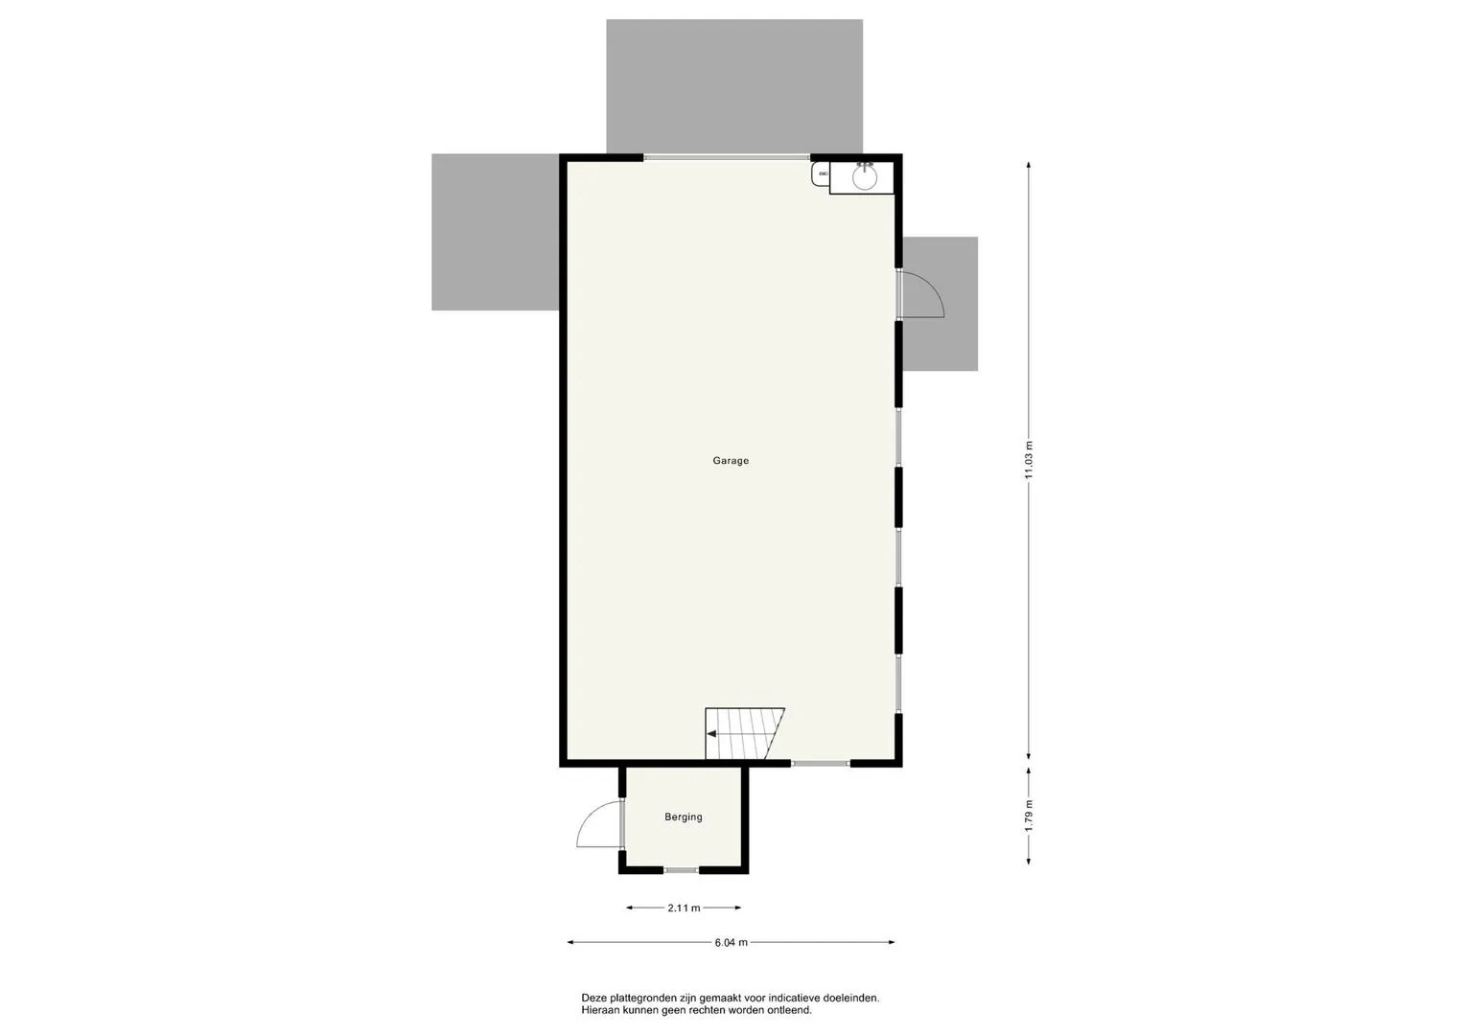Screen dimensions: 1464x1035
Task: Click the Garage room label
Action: pyautogui.click(x=731, y=461)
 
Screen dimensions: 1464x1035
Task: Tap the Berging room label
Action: pyautogui.click(x=684, y=816)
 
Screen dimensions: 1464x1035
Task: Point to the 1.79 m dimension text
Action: pyautogui.click(x=1029, y=816)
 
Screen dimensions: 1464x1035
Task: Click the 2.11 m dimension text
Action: pyautogui.click(x=684, y=908)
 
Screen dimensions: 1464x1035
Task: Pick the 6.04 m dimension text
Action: pyautogui.click(x=731, y=942)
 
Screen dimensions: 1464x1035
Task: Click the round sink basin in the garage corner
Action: pyautogui.click(x=865, y=177)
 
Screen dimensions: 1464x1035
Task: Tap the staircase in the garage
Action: pyautogui.click(x=744, y=733)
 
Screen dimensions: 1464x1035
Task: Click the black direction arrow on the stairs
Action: pyautogui.click(x=711, y=734)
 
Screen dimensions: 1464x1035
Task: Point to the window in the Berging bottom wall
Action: pyautogui.click(x=681, y=870)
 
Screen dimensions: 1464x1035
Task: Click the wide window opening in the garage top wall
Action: pyautogui.click(x=726, y=157)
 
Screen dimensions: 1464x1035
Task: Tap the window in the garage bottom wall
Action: pyautogui.click(x=821, y=763)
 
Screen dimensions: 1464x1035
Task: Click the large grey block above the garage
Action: pyautogui.click(x=734, y=86)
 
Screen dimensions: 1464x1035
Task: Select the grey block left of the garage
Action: pyautogui.click(x=496, y=232)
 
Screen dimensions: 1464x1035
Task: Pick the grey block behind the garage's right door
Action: pyautogui.click(x=940, y=304)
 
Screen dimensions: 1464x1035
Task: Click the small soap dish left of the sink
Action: pyautogui.click(x=822, y=174)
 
